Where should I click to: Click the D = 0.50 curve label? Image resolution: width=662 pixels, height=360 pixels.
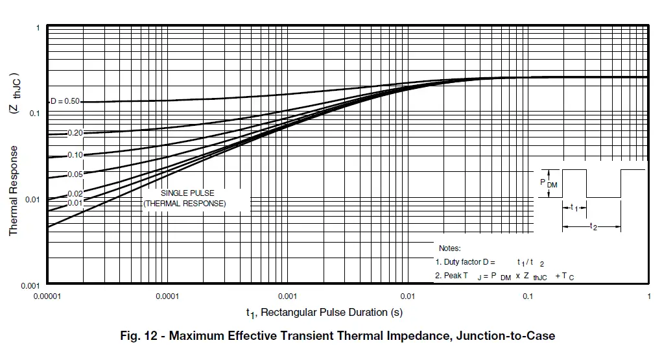tap(66, 101)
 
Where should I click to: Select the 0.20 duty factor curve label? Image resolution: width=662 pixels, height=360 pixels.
tap(75, 133)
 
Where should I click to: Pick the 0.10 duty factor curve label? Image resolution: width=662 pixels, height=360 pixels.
tap(75, 155)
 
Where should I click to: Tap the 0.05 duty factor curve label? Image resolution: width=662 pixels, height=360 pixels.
tap(75, 174)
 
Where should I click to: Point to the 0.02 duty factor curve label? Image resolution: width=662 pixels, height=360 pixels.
tap(75, 194)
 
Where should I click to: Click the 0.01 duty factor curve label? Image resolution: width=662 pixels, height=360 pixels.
tap(75, 203)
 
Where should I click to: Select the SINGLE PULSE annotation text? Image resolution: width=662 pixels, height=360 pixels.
tap(187, 193)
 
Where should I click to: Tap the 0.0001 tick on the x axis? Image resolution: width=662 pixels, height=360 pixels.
tap(167, 296)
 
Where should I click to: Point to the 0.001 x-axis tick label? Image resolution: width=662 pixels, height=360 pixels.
tap(287, 296)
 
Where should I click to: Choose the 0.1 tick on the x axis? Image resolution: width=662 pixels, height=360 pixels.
tap(528, 296)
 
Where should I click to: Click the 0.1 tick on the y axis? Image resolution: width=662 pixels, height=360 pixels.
tap(35, 114)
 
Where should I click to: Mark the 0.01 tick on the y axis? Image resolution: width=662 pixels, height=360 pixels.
tap(33, 199)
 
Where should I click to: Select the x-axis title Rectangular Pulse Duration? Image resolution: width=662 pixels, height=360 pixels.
tap(324, 313)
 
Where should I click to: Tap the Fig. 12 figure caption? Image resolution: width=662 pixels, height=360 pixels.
tap(338, 336)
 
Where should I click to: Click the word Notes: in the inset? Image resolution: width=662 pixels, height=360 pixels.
tap(449, 248)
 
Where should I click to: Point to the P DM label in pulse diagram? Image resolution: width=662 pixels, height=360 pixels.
tap(549, 184)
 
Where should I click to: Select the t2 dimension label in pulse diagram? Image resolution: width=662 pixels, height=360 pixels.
tap(593, 226)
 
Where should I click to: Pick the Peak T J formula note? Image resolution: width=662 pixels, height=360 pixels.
tap(504, 276)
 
